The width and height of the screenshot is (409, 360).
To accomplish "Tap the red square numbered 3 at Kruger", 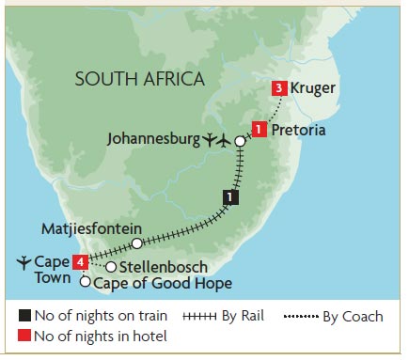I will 279,89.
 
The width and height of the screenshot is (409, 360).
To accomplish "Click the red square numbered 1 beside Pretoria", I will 257,131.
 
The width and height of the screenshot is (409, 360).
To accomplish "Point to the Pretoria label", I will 298,131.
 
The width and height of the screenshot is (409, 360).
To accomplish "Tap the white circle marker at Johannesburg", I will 240,141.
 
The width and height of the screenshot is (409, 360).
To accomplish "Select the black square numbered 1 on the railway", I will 229,197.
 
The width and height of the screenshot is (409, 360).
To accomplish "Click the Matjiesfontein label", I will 92,227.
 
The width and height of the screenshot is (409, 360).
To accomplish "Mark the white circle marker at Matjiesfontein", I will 137,243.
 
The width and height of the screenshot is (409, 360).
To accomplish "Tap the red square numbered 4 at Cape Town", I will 82,261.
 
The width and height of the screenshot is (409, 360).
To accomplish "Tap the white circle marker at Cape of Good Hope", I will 86,282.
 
